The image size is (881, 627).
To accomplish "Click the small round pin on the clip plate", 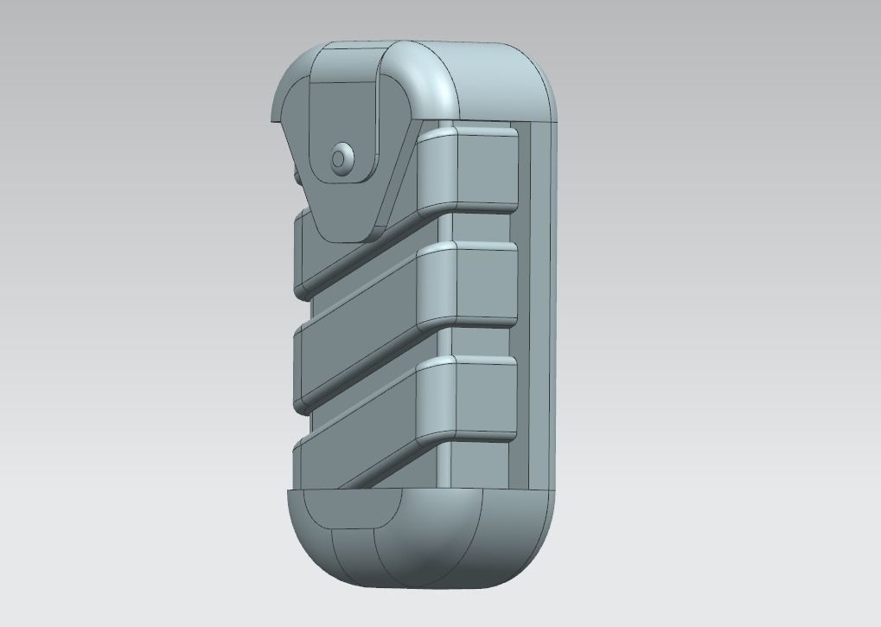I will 340,158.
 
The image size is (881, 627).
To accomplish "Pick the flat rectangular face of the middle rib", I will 486,284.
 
